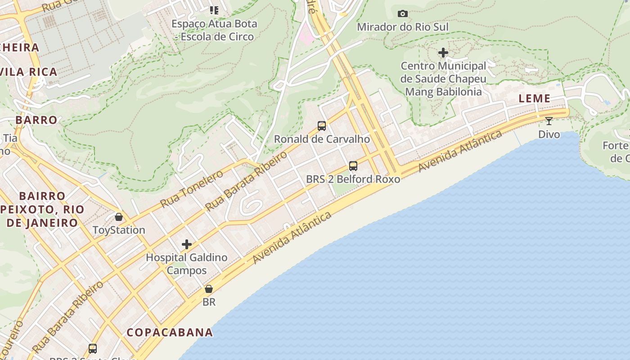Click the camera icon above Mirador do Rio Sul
click(x=403, y=14)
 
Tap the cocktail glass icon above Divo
click(x=549, y=121)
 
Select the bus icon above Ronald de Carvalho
click(x=322, y=126)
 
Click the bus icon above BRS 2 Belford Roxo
click(x=353, y=166)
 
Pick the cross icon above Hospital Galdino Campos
click(x=187, y=244)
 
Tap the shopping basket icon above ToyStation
click(x=119, y=217)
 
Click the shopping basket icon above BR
click(x=209, y=288)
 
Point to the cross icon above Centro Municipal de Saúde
click(x=443, y=53)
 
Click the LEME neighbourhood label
click(x=535, y=99)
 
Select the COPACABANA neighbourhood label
click(x=170, y=333)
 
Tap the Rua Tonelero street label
click(x=191, y=189)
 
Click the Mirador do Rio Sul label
click(x=403, y=27)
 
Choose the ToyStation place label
click(x=119, y=230)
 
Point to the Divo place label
click(x=549, y=134)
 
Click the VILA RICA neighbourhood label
click(x=31, y=72)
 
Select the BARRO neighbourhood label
click(x=36, y=120)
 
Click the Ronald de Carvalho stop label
click(x=322, y=139)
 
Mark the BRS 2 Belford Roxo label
click(x=353, y=179)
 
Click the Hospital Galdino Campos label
click(x=187, y=264)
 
